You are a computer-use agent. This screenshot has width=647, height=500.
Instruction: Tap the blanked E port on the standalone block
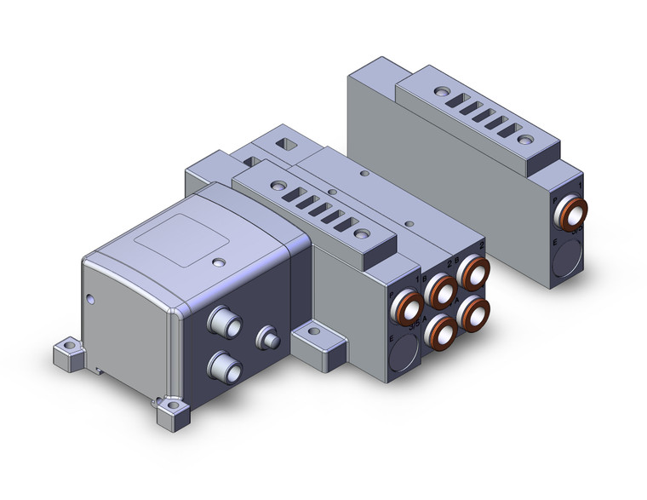click(x=565, y=261)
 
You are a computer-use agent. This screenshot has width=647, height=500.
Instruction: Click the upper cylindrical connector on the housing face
click(x=223, y=324)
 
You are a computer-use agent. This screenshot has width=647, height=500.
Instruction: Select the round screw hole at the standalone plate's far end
click(x=440, y=89)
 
